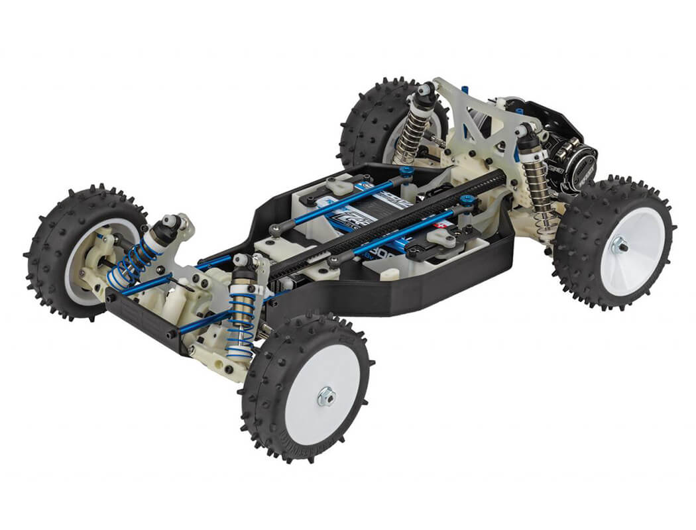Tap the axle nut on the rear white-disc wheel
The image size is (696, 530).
point(619,246)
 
